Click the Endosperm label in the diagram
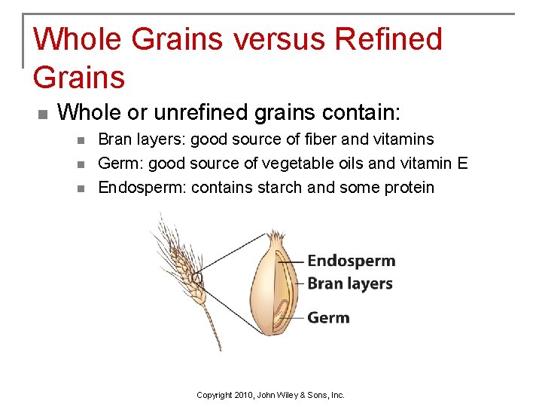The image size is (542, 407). [x=351, y=261]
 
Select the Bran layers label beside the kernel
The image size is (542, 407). [x=350, y=283]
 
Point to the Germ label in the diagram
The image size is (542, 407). [x=328, y=317]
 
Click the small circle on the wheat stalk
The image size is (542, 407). [x=197, y=278]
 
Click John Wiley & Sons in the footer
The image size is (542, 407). [x=304, y=395]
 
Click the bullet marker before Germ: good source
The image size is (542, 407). [x=81, y=164]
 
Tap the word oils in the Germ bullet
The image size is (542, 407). [x=334, y=163]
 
